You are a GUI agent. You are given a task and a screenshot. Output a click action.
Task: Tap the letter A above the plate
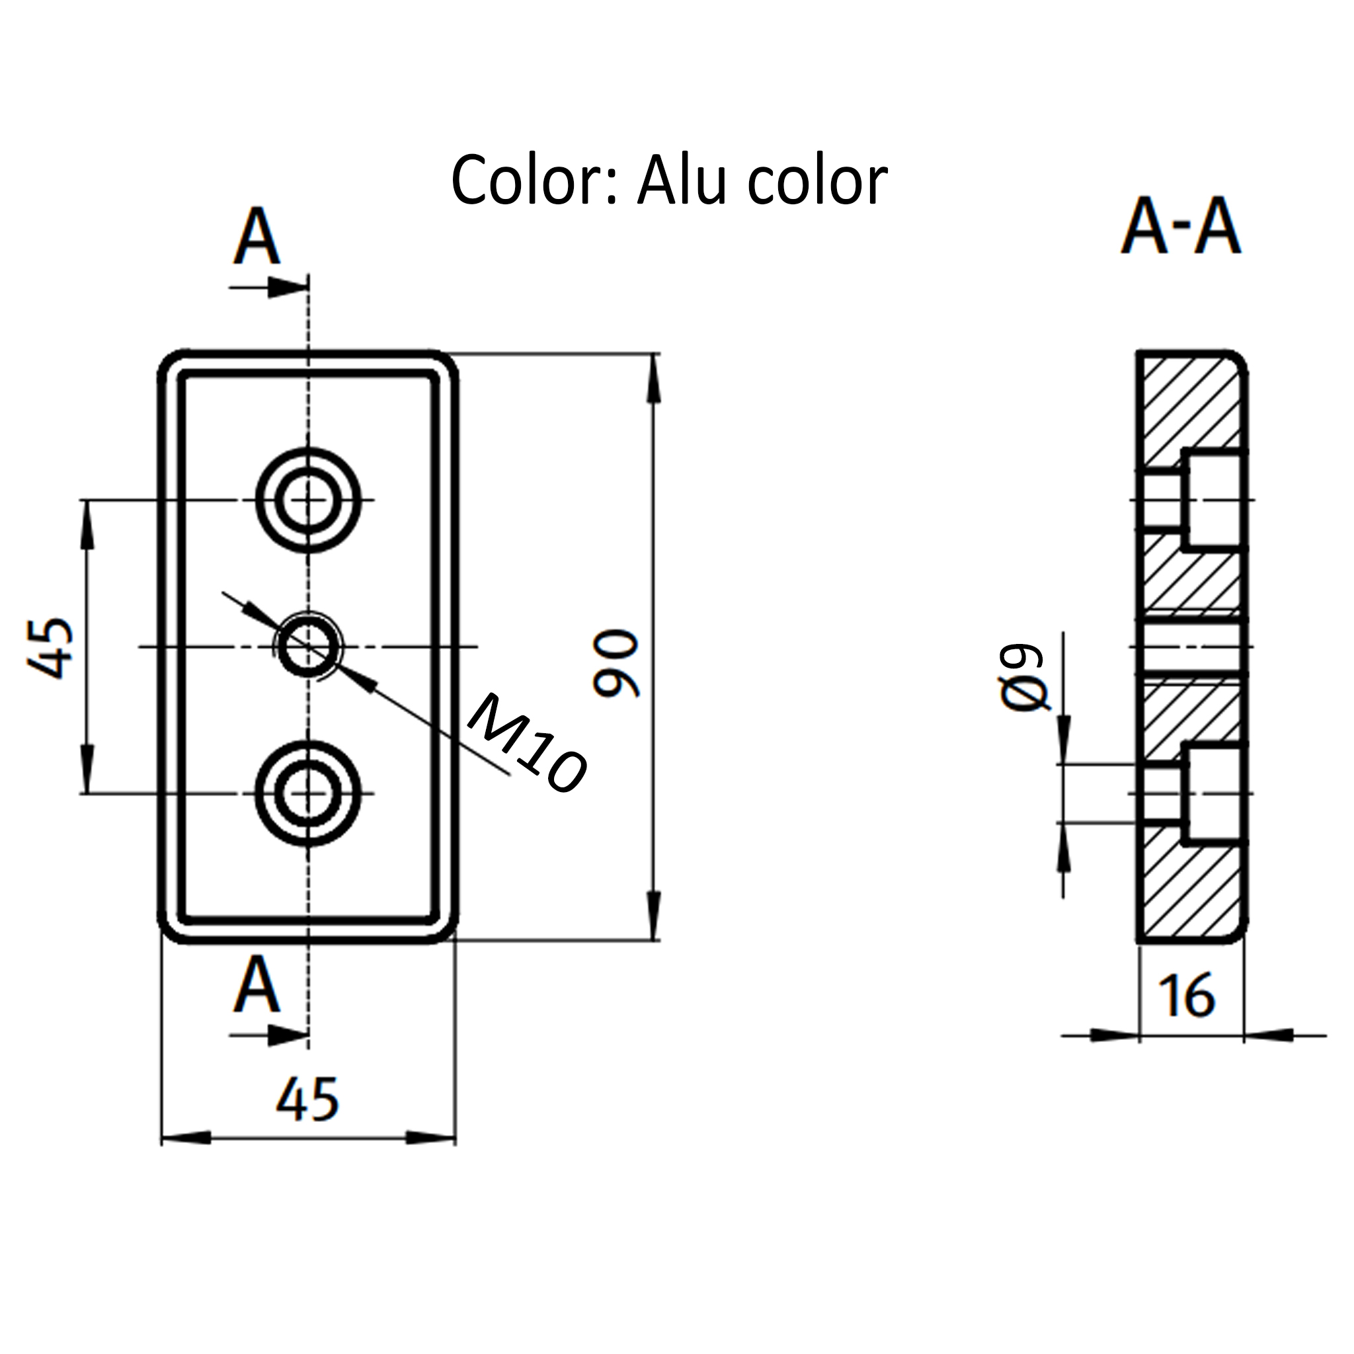[x=257, y=237]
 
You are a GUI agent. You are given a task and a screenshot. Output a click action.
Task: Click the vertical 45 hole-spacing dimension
[x=51, y=647]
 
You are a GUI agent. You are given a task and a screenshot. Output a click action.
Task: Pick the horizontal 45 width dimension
[x=307, y=1099]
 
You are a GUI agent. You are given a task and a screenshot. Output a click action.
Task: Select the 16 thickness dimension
[x=1187, y=995]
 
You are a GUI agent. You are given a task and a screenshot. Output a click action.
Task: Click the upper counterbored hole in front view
[x=307, y=500]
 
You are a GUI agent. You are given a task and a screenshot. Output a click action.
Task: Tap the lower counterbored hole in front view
[x=307, y=793]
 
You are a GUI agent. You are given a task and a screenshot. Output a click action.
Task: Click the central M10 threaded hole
[x=307, y=646]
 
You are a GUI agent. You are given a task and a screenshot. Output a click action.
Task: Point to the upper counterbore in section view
[x=1215, y=500]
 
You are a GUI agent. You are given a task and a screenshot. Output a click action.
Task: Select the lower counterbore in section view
[x=1215, y=793]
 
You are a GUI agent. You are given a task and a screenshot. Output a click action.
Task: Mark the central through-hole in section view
[x=1191, y=646]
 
